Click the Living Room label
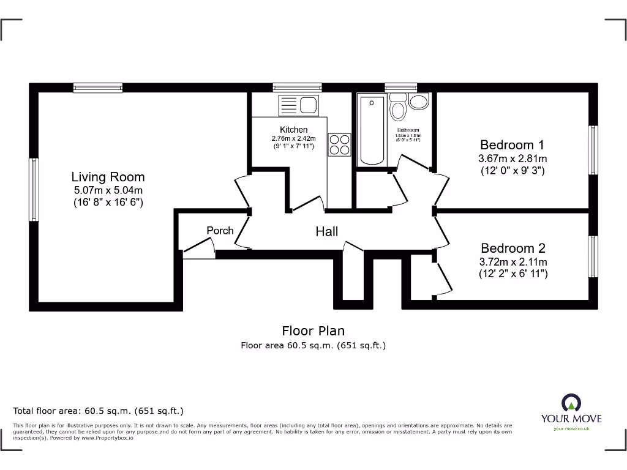(x=108, y=177)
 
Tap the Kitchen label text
(x=293, y=130)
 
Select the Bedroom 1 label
(x=512, y=145)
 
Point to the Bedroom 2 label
(x=512, y=248)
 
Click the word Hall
(x=326, y=231)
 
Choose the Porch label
(x=220, y=230)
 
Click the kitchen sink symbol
(x=298, y=105)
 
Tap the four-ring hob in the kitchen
(x=340, y=144)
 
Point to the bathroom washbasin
(x=419, y=102)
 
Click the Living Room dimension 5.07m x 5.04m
(x=108, y=190)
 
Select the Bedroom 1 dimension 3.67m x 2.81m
(x=512, y=159)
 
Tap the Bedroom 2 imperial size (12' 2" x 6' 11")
(x=513, y=274)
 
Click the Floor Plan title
(x=313, y=331)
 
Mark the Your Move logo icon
(x=571, y=403)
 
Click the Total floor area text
(x=98, y=411)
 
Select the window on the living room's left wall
(x=34, y=189)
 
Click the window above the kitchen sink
(x=297, y=88)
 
